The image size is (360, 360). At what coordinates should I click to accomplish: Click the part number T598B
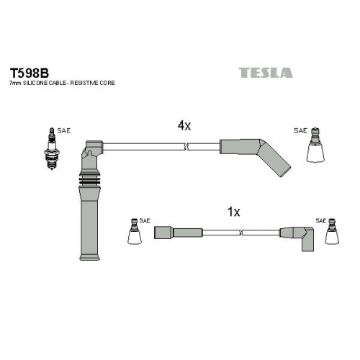pyautogui.click(x=29, y=73)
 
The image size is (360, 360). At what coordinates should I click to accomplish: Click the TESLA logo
pyautogui.click(x=266, y=73)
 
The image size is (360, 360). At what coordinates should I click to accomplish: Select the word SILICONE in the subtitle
pyautogui.click(x=37, y=83)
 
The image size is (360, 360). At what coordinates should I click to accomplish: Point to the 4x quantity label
pyautogui.click(x=184, y=125)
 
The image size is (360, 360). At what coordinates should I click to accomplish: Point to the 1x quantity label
pyautogui.click(x=233, y=212)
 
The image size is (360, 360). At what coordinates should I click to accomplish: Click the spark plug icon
pyautogui.click(x=51, y=148)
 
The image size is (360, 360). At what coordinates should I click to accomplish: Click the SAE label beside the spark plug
pyautogui.click(x=64, y=131)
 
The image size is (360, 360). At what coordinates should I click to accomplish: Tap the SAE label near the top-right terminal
pyautogui.click(x=300, y=131)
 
